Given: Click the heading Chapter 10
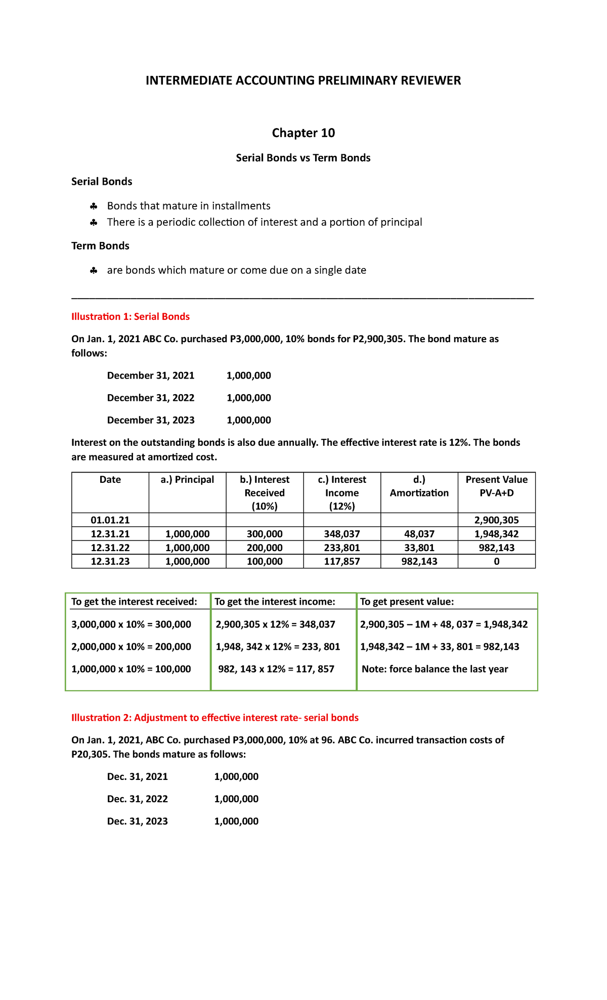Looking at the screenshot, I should pyautogui.click(x=303, y=133).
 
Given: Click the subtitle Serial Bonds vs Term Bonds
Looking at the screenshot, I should pyautogui.click(x=303, y=158).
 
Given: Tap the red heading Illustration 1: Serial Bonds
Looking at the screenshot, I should pyautogui.click(x=131, y=317).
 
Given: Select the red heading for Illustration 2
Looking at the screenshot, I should pyautogui.click(x=214, y=718).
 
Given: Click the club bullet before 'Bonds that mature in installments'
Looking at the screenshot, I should pyautogui.click(x=94, y=206).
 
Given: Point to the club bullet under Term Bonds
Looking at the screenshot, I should pyautogui.click(x=94, y=271).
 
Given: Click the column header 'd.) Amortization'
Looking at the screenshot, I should pyautogui.click(x=419, y=486).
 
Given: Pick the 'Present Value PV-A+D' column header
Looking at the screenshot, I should pyautogui.click(x=496, y=486).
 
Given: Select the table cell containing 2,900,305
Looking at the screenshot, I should pyautogui.click(x=496, y=520).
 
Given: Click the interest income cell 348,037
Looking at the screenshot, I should pyautogui.click(x=341, y=534).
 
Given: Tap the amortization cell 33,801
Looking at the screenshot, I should pyautogui.click(x=419, y=548).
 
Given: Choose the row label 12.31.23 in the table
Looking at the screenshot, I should pyautogui.click(x=110, y=561).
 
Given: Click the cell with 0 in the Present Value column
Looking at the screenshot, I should pyautogui.click(x=496, y=561).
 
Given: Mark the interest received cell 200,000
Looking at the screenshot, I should pyautogui.click(x=265, y=548).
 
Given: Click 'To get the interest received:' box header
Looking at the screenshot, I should pyautogui.click(x=134, y=602).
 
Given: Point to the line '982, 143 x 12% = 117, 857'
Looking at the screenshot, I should pyautogui.click(x=276, y=669).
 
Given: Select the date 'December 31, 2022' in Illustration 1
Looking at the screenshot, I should pyautogui.click(x=151, y=398).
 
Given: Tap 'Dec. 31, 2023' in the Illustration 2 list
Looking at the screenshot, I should pyautogui.click(x=138, y=821).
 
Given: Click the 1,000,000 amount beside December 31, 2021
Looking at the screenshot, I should pyautogui.click(x=248, y=376).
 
